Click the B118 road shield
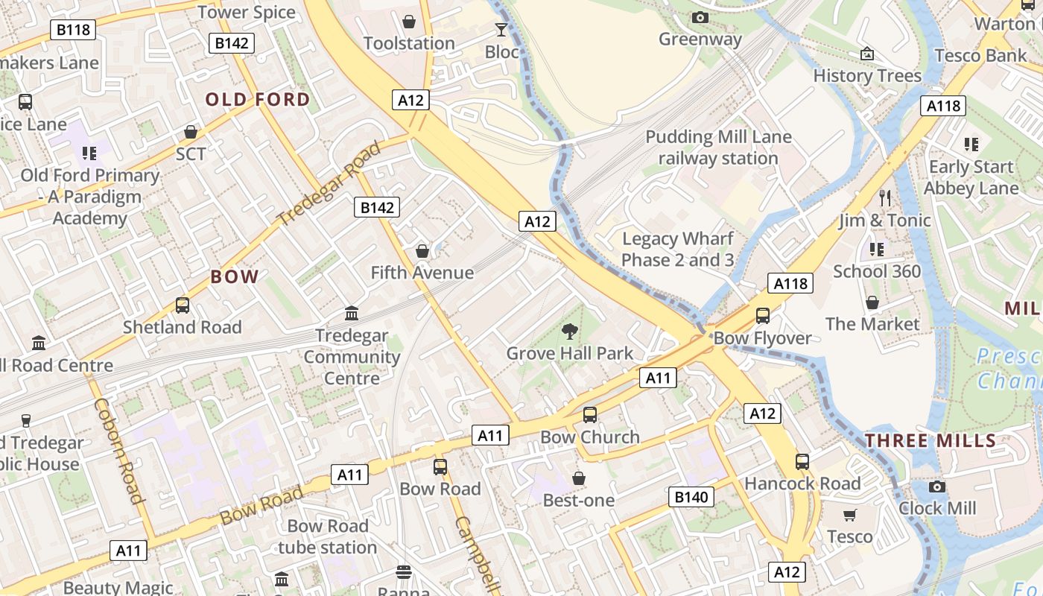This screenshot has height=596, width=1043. [x=73, y=30]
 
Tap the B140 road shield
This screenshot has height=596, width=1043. [x=691, y=497]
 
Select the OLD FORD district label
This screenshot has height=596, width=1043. [x=258, y=100]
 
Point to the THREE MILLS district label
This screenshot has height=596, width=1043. [x=931, y=440]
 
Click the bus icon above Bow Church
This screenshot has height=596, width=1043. [x=590, y=415]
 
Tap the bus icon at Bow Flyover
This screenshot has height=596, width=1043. [x=763, y=315]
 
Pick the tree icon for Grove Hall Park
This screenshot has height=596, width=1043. [x=570, y=332]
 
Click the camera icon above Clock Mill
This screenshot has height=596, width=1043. [x=937, y=486]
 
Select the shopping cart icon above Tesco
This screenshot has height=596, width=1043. [x=850, y=515]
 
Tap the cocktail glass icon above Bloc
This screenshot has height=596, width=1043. [x=501, y=30]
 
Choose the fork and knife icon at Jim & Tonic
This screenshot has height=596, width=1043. [x=885, y=198]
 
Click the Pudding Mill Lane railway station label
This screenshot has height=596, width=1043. [x=718, y=148]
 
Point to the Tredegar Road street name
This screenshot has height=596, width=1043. [x=329, y=183]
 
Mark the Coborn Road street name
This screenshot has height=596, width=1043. [x=118, y=451]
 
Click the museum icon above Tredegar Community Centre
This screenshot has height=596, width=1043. [x=352, y=314]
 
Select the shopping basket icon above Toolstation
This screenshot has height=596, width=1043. [x=409, y=22]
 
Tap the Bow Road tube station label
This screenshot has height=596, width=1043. [x=328, y=536]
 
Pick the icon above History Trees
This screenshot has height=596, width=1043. [x=867, y=54]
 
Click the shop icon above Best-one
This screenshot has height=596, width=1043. [x=579, y=478]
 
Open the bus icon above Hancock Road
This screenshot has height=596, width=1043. [x=802, y=462]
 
